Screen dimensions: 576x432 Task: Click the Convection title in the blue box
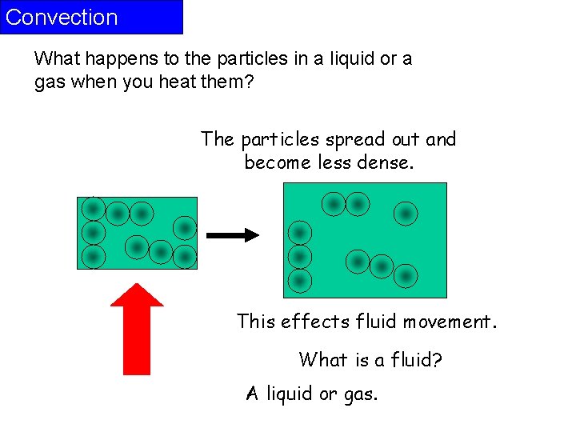point(62,18)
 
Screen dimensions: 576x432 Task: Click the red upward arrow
point(136,332)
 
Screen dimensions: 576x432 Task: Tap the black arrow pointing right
point(233,235)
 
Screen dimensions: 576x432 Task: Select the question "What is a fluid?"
point(370,360)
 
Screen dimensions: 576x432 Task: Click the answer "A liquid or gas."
point(312,394)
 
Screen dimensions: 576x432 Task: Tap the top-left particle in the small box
point(93,209)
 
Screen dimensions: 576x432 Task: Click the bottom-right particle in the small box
point(185,257)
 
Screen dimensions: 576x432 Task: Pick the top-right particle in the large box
point(406,213)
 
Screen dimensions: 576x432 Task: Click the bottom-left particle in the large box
point(299,281)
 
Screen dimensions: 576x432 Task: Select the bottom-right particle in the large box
point(406,276)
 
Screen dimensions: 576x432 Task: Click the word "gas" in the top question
point(52,82)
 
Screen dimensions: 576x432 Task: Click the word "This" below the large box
point(256,322)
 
